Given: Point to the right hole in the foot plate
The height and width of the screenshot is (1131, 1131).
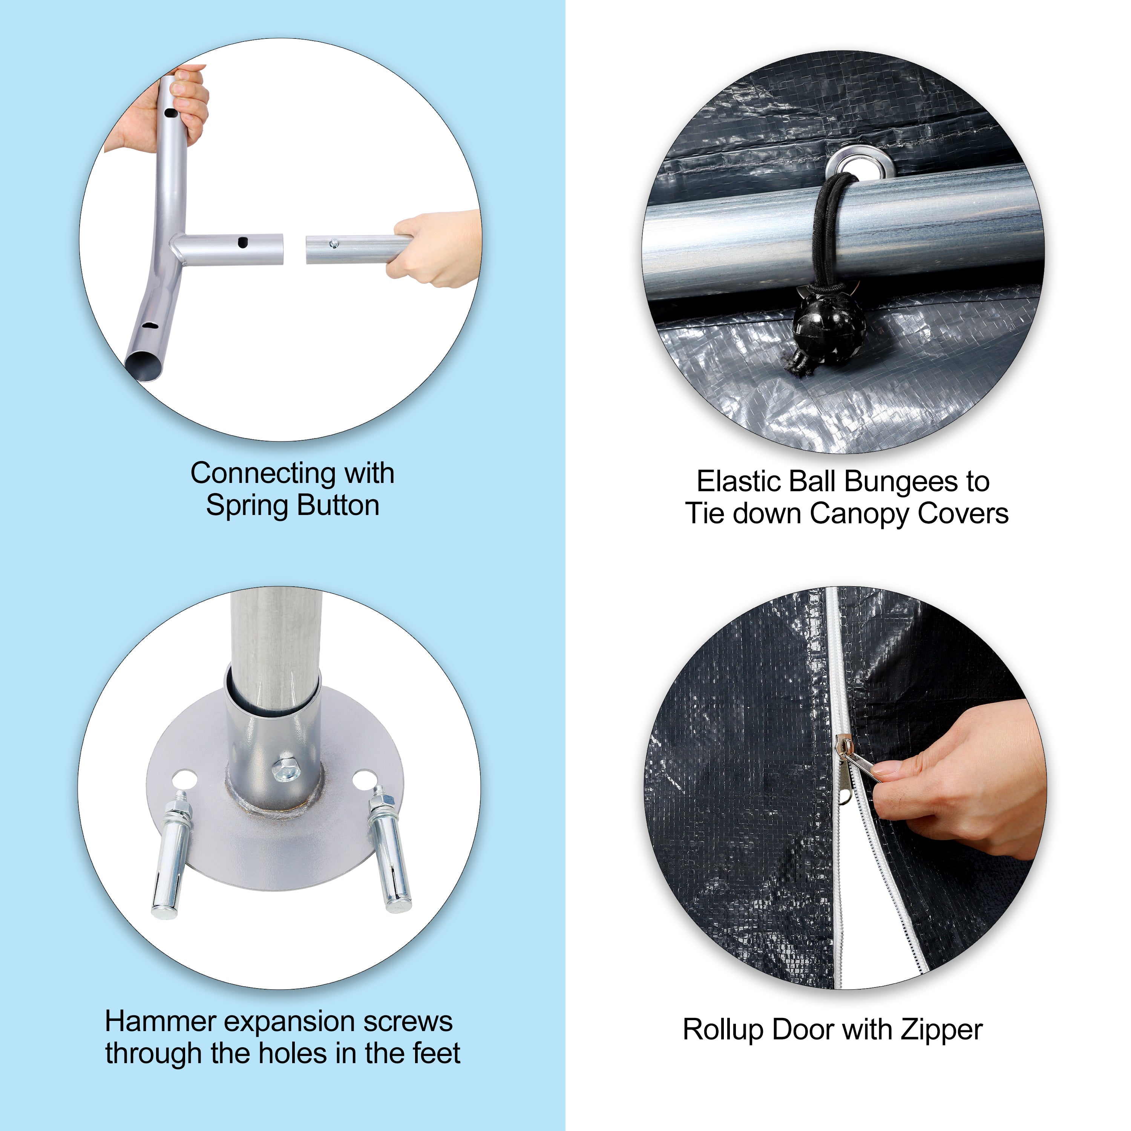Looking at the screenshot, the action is click(364, 779).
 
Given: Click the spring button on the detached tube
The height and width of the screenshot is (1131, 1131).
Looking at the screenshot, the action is click(334, 242).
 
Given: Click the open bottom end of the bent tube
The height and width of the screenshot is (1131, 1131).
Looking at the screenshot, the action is click(143, 368).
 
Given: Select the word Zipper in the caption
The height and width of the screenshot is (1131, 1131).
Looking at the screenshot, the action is click(942, 1030).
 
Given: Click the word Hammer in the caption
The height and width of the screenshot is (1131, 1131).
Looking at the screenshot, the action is click(161, 1022).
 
